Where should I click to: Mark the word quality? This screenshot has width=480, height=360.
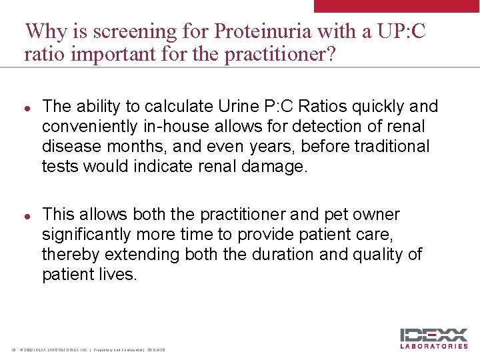tap(379, 255)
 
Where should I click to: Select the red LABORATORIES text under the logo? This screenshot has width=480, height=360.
tap(434, 346)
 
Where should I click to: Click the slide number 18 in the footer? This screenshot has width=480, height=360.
tap(13, 349)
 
